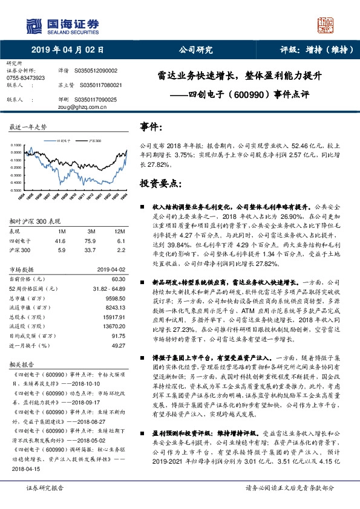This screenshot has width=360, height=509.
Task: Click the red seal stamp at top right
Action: (x=326, y=26)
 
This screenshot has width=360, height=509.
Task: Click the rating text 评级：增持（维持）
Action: (x=309, y=50)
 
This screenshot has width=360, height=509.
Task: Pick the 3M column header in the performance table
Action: (x=91, y=232)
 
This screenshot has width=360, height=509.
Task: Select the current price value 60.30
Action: (x=118, y=279)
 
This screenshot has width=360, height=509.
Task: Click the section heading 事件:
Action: (x=151, y=127)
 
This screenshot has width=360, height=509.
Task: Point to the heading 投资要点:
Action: (x=160, y=183)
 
